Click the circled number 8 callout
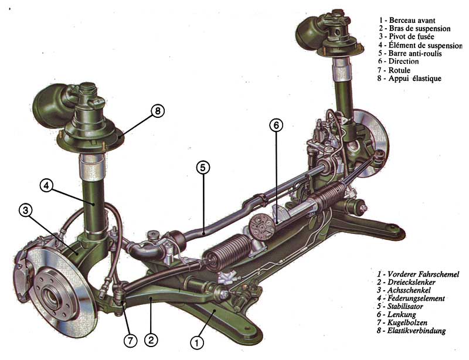(x=158, y=111)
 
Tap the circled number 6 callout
(x=276, y=125)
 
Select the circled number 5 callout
(x=203, y=168)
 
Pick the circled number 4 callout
(x=46, y=185)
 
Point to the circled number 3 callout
(x=26, y=210)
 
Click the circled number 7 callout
(x=130, y=341)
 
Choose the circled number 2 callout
(x=151, y=340)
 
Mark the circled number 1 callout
(x=197, y=342)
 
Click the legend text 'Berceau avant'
(x=412, y=21)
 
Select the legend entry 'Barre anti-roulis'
(x=415, y=53)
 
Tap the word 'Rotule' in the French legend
(x=399, y=70)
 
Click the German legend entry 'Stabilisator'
(x=405, y=307)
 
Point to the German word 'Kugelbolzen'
(x=407, y=322)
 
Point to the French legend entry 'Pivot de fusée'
(x=411, y=36)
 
